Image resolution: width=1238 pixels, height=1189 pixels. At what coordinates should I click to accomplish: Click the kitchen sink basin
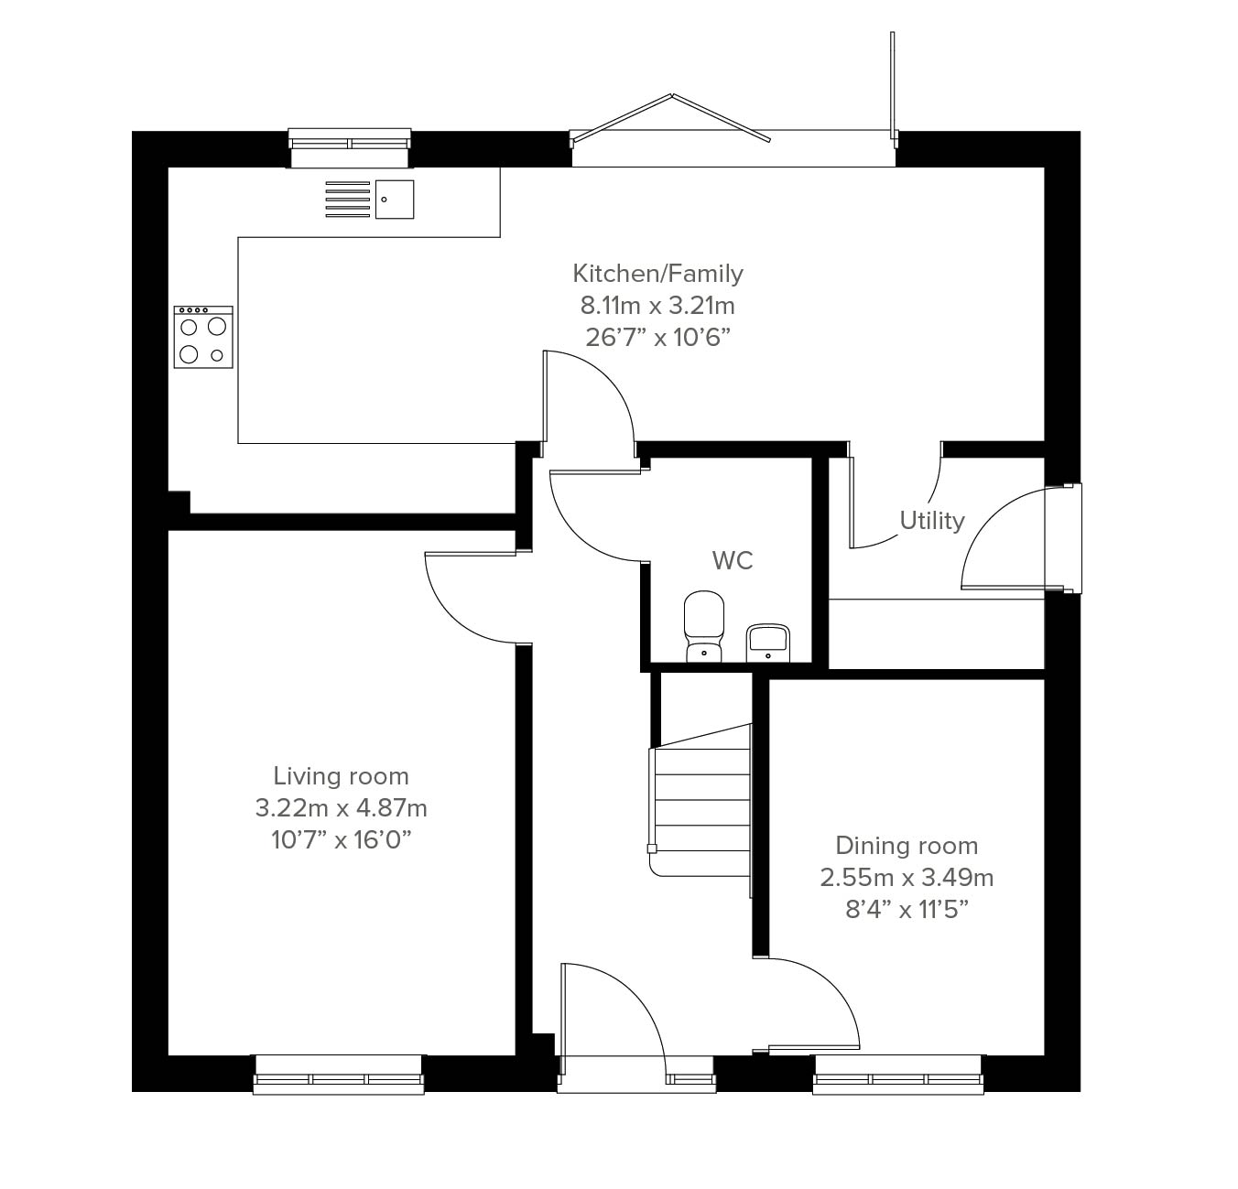click(395, 200)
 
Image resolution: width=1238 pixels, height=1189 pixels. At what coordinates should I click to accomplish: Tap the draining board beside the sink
click(347, 200)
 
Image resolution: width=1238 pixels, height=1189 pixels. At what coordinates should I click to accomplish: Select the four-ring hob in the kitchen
click(203, 337)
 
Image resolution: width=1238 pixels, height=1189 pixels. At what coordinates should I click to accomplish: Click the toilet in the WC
click(703, 626)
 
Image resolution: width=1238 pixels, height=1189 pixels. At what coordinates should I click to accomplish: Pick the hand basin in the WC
click(768, 643)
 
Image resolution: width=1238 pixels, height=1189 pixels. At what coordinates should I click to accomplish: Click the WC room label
click(733, 560)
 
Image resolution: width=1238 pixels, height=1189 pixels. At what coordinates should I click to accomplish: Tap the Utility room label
click(932, 521)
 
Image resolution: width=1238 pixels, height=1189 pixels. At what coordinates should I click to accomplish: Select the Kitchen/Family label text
click(657, 274)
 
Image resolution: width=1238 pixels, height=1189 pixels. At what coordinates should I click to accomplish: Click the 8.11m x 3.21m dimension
click(657, 306)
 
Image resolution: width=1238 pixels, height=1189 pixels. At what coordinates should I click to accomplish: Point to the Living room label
click(341, 775)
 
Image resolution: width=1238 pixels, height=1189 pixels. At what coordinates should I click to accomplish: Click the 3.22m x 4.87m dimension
click(341, 808)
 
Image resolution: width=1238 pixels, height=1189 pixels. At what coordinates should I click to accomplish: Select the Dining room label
click(907, 846)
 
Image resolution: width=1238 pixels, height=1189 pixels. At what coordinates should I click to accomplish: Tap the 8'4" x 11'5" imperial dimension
click(907, 910)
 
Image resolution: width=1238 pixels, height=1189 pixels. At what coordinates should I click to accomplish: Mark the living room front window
click(339, 1076)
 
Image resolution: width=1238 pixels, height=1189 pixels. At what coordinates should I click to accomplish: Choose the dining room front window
click(898, 1076)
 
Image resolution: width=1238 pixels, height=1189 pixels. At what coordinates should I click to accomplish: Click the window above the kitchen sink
click(349, 147)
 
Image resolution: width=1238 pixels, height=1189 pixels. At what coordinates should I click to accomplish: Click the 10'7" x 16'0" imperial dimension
click(341, 840)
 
